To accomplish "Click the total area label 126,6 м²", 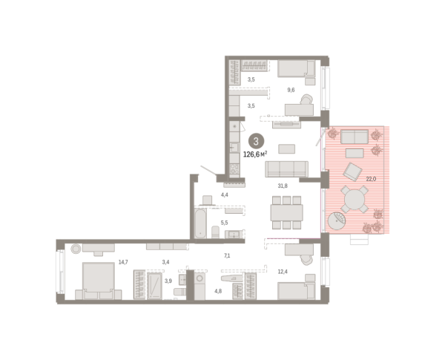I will pyautogui.click(x=257, y=155).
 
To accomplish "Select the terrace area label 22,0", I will pyautogui.click(x=371, y=179).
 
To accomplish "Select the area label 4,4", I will pyautogui.click(x=225, y=195).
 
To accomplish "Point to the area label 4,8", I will pyautogui.click(x=218, y=291).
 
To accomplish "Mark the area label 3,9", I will pyautogui.click(x=168, y=281).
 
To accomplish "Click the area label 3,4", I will pyautogui.click(x=167, y=263).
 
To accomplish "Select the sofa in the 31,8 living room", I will pyautogui.click(x=286, y=168).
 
